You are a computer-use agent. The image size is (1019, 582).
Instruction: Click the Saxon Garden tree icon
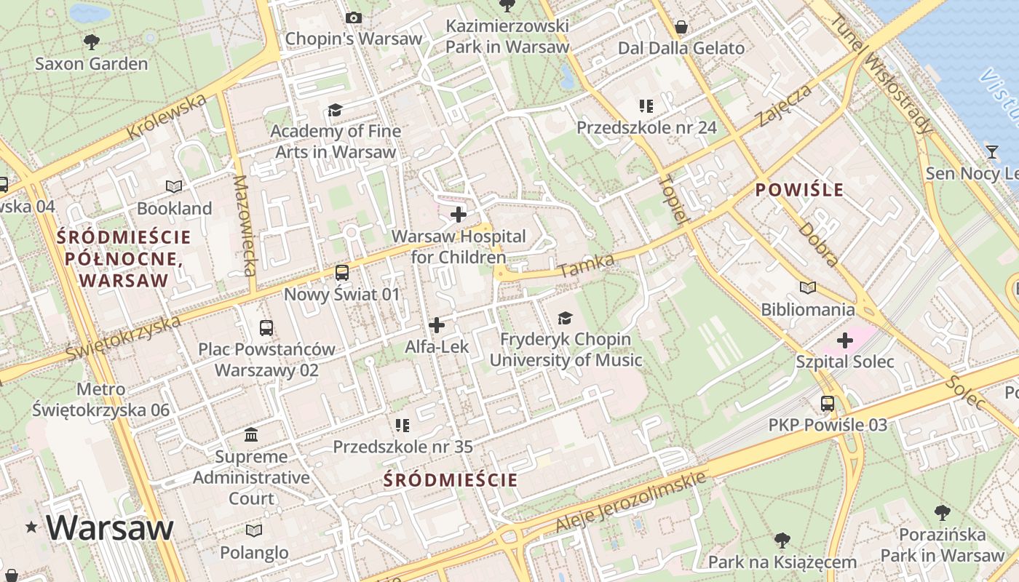(92, 41)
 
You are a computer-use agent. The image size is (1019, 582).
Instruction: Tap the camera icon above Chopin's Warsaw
(354, 17)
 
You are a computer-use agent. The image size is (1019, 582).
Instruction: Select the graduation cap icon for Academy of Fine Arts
(335, 110)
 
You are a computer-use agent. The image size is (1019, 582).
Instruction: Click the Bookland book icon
(174, 187)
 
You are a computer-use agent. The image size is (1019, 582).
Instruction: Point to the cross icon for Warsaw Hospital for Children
(459, 215)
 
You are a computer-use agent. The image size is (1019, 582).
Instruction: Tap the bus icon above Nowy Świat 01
(341, 273)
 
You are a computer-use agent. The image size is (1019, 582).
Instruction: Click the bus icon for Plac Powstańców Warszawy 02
(266, 327)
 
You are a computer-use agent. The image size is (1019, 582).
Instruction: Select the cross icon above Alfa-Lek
(437, 325)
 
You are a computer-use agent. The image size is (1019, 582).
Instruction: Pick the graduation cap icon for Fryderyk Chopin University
(565, 318)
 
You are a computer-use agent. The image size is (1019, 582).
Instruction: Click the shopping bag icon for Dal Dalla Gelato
(681, 27)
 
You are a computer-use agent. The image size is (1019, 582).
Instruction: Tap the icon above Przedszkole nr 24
(646, 107)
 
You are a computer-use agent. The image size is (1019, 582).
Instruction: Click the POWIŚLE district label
(799, 191)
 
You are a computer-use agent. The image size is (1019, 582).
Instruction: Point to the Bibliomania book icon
(808, 288)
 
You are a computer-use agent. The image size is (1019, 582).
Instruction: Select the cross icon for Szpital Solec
(845, 340)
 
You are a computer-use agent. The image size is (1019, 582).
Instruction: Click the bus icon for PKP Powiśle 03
(828, 403)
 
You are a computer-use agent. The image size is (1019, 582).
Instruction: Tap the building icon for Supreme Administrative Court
(251, 435)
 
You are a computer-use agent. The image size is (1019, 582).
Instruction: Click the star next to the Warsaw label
(31, 527)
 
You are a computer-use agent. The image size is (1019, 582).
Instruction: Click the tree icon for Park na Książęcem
(782, 541)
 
